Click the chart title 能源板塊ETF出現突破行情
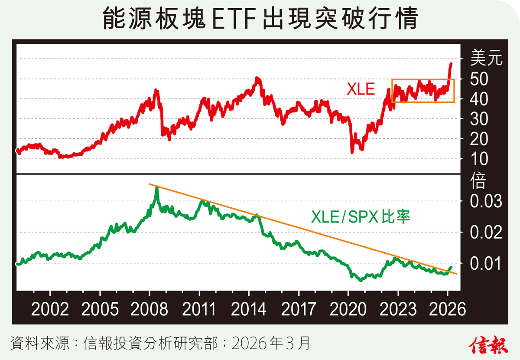pyautogui.click(x=260, y=19)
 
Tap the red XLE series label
pyautogui.click(x=361, y=89)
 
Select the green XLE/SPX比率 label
pyautogui.click(x=360, y=216)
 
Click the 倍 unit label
pyautogui.click(x=478, y=182)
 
